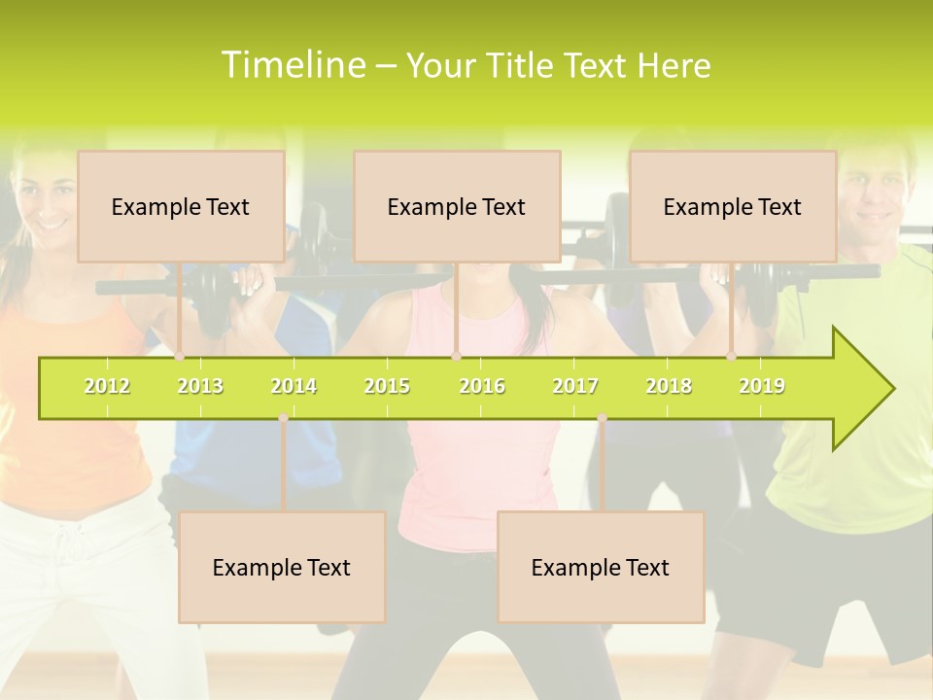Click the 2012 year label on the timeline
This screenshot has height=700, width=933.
point(107,387)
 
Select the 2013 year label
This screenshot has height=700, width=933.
point(200,387)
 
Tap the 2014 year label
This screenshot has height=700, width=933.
point(294,387)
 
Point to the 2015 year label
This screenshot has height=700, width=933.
point(387,387)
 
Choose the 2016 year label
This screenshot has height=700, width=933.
point(482,387)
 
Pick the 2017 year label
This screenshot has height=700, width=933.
point(575,387)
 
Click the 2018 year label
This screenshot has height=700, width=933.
point(669,387)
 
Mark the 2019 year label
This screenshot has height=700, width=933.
point(762,387)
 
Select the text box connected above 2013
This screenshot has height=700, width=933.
point(181,206)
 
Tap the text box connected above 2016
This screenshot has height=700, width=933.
point(457,206)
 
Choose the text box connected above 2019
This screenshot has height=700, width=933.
point(733,206)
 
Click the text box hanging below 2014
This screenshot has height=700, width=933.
point(282,567)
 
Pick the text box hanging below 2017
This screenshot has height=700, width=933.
point(601,567)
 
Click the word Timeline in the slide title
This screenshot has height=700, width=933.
point(292,65)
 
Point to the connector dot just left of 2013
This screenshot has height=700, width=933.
point(180,357)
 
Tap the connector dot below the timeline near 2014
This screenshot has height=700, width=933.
point(283,418)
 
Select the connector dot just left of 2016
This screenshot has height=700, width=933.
point(456,357)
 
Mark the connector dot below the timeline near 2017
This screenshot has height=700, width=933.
point(602,418)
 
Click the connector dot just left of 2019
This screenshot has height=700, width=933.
point(732,357)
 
